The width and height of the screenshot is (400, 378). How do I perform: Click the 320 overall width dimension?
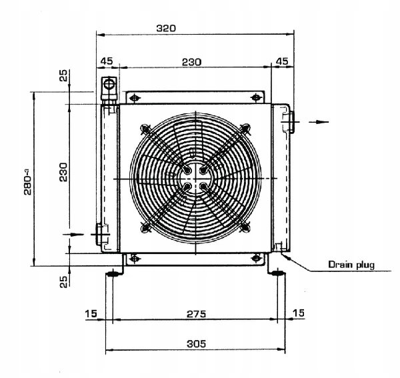click(165, 28)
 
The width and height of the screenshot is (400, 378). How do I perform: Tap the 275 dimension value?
click(195, 313)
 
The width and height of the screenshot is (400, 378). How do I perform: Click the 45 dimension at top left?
click(107, 61)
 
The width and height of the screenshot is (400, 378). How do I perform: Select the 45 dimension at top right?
click(282, 61)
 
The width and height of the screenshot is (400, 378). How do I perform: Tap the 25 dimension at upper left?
click(63, 75)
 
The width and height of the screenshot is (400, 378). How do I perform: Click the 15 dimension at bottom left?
click(91, 313)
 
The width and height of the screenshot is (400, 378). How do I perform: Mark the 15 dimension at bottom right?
click(298, 313)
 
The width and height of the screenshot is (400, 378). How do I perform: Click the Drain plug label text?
click(351, 265)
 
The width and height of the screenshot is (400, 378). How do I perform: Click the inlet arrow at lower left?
click(75, 234)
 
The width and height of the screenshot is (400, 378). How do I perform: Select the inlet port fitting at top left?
click(108, 88)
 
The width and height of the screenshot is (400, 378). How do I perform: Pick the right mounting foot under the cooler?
click(278, 272)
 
